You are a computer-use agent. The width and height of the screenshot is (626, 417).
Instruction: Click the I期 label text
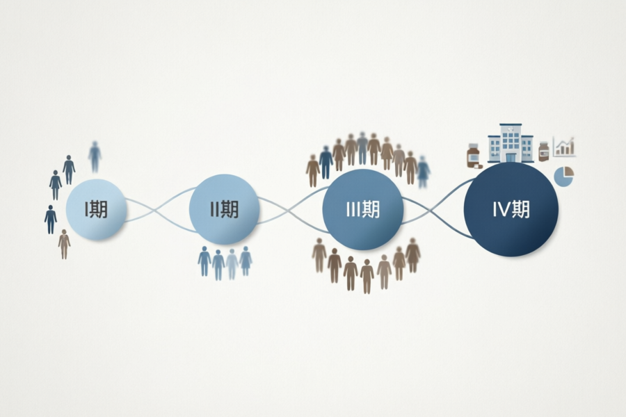(96, 209)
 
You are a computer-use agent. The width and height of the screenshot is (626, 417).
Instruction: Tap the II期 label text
(225, 209)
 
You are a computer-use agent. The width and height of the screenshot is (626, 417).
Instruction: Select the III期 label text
(363, 209)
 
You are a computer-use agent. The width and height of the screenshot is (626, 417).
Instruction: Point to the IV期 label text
(511, 209)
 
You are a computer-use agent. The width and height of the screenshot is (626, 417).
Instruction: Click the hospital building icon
(511, 143)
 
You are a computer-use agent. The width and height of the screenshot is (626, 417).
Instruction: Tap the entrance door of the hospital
(511, 157)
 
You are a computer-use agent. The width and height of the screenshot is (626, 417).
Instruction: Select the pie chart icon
(563, 177)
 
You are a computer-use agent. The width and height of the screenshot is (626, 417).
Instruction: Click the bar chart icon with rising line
(563, 147)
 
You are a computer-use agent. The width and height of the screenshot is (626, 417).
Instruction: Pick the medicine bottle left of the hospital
(474, 156)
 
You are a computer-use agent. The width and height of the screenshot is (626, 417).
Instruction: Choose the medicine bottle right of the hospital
(543, 152)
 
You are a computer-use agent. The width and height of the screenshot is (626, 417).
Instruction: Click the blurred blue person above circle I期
(95, 156)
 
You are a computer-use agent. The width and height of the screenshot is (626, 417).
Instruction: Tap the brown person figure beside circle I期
(64, 244)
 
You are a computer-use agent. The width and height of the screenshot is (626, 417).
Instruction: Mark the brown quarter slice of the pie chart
(568, 172)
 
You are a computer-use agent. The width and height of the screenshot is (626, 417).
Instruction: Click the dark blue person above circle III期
(326, 163)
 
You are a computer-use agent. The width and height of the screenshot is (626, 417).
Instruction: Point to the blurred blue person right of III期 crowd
(423, 172)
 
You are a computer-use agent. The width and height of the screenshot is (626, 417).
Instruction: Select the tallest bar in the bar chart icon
(571, 147)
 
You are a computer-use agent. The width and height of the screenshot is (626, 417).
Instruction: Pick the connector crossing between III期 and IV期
(432, 209)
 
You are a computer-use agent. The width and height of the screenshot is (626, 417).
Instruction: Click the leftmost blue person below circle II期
(204, 261)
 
